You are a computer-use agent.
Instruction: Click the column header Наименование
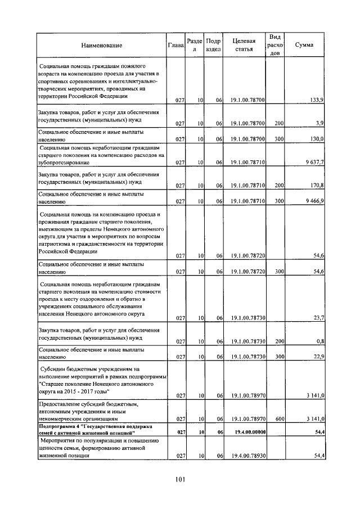[x=101, y=45]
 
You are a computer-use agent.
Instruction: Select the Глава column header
[x=176, y=45]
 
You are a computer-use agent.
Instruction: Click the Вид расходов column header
[x=275, y=45]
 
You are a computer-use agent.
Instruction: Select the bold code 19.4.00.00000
[x=247, y=432]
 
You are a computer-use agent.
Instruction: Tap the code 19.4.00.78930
[x=247, y=456]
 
